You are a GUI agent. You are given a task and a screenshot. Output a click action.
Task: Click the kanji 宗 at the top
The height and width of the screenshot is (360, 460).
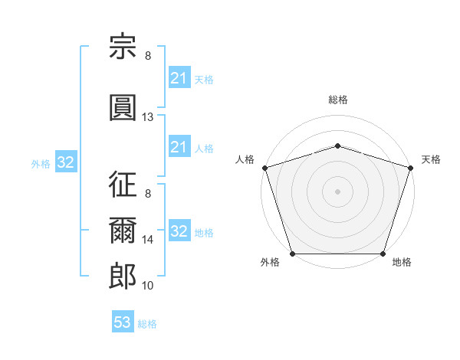123,46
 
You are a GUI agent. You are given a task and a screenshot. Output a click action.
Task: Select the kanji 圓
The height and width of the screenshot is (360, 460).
123,107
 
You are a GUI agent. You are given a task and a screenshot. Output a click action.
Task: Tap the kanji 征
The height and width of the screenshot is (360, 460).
123,184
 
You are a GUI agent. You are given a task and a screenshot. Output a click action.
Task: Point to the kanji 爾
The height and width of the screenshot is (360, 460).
123,230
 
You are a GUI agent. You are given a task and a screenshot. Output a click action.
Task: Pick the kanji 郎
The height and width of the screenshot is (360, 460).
123,276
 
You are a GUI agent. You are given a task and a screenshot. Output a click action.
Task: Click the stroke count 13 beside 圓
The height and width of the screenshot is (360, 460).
147,117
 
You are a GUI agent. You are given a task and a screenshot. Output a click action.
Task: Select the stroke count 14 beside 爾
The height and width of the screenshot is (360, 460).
147,240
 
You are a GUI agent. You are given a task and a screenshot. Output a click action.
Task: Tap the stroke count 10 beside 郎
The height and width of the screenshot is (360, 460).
147,286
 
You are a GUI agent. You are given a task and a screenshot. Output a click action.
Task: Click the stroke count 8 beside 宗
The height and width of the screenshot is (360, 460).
148,56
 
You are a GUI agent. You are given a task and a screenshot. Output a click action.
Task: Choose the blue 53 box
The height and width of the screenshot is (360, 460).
123,321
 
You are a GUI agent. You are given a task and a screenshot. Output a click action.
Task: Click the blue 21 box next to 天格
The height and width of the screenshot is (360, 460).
180,77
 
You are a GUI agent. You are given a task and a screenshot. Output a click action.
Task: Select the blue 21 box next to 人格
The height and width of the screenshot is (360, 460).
180,146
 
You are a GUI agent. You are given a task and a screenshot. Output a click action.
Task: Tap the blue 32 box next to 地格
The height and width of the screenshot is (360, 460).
180,230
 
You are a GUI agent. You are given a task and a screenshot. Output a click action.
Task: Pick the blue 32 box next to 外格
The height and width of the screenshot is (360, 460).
66,162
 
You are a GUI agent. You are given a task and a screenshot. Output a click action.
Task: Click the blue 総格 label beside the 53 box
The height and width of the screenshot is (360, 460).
147,324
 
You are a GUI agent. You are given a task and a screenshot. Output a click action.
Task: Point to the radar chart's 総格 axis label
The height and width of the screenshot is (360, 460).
338,100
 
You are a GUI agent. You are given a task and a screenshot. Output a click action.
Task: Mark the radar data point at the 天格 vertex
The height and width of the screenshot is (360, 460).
411,168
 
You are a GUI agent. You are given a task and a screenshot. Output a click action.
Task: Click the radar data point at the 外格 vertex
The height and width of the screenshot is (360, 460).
293,254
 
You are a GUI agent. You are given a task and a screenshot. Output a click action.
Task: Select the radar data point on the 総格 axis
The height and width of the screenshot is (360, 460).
337,146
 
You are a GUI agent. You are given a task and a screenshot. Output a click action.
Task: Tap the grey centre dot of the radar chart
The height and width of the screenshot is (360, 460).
337,191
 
